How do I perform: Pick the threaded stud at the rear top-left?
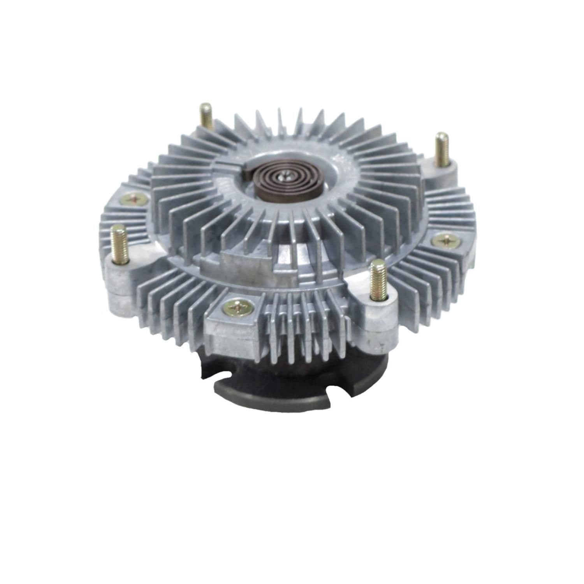point(205,117)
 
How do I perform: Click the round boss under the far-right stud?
point(440,171)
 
